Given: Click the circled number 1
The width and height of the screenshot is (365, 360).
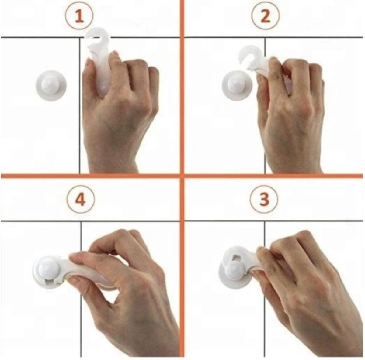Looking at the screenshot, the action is tap(80, 16).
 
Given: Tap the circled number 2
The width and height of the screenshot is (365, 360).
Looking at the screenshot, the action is tap(265, 16).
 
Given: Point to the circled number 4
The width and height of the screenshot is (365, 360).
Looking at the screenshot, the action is tap(81, 200).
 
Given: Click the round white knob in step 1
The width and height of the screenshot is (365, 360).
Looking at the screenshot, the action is tap(51, 86).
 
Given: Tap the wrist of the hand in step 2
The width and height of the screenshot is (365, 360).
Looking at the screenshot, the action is tap(295, 163).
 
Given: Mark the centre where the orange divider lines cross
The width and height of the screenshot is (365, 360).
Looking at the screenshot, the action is tap(182, 176).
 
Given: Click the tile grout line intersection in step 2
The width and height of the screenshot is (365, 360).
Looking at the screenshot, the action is tap(265, 37).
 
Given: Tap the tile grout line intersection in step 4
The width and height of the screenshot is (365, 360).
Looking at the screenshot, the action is tap(81, 221).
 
